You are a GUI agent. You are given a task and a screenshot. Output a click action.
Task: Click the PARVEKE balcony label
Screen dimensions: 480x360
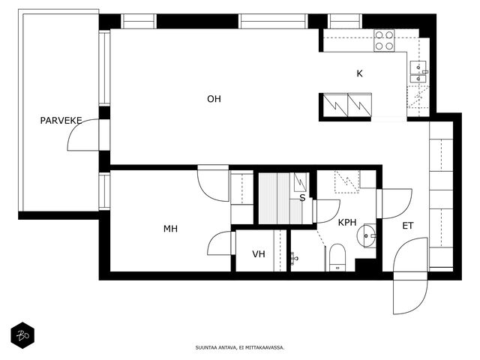click(61, 120)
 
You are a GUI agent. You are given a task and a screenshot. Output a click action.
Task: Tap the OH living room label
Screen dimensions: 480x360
click(214, 99)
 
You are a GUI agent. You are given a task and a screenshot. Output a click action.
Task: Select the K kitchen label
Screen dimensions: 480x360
click(360, 73)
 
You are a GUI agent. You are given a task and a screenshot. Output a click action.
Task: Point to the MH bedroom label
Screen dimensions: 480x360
click(170, 229)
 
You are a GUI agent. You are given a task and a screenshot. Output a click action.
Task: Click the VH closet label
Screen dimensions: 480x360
click(259, 253)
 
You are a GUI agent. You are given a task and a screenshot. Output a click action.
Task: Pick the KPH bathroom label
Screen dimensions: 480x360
click(347, 223)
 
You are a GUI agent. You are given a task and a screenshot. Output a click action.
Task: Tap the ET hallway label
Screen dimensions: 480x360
click(408, 226)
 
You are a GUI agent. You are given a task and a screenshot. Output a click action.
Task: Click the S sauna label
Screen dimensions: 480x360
click(302, 198)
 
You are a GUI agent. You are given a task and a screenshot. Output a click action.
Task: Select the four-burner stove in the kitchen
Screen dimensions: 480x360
click(384, 40)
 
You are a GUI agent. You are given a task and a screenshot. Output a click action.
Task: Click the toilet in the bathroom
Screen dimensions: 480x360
click(337, 258)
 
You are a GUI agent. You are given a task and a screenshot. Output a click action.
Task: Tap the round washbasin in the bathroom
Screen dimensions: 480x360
click(366, 235)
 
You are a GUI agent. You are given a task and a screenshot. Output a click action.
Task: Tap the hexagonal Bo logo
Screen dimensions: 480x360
click(22, 335)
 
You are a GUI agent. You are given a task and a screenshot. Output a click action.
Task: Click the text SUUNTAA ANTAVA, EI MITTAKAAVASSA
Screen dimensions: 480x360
click(240, 348)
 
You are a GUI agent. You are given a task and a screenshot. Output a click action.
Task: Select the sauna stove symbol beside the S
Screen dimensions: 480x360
click(300, 181)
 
